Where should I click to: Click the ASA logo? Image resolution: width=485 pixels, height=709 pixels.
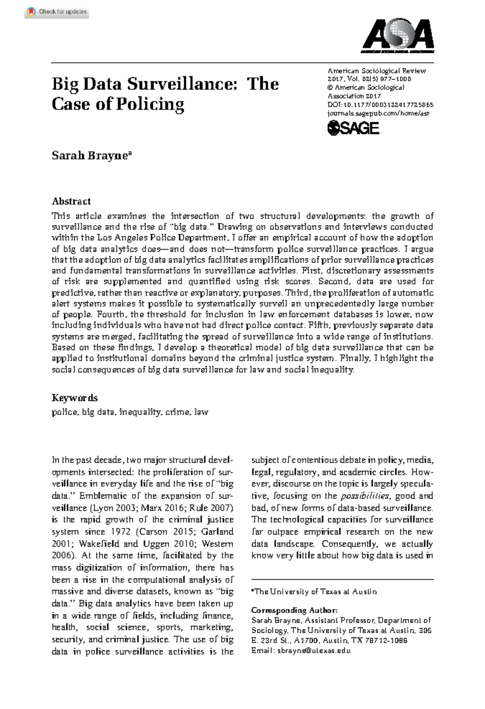(398, 36)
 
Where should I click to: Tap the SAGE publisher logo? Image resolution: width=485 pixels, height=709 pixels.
(353, 128)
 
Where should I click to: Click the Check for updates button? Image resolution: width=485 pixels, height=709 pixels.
(57, 12)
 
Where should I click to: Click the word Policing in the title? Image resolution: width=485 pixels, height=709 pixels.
(150, 104)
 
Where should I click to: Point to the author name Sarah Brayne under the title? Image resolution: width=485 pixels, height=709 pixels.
(89, 155)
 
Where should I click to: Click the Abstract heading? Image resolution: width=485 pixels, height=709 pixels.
(71, 201)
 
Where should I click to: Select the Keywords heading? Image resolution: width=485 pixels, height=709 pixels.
(74, 398)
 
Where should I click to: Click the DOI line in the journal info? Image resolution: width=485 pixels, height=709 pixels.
(380, 105)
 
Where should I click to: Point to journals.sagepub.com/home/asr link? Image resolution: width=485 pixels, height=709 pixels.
(378, 113)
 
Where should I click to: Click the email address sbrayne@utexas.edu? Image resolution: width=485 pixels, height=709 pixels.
(314, 650)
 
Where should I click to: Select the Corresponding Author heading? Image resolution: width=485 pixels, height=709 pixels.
(294, 610)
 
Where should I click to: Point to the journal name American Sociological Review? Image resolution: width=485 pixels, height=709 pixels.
(377, 71)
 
